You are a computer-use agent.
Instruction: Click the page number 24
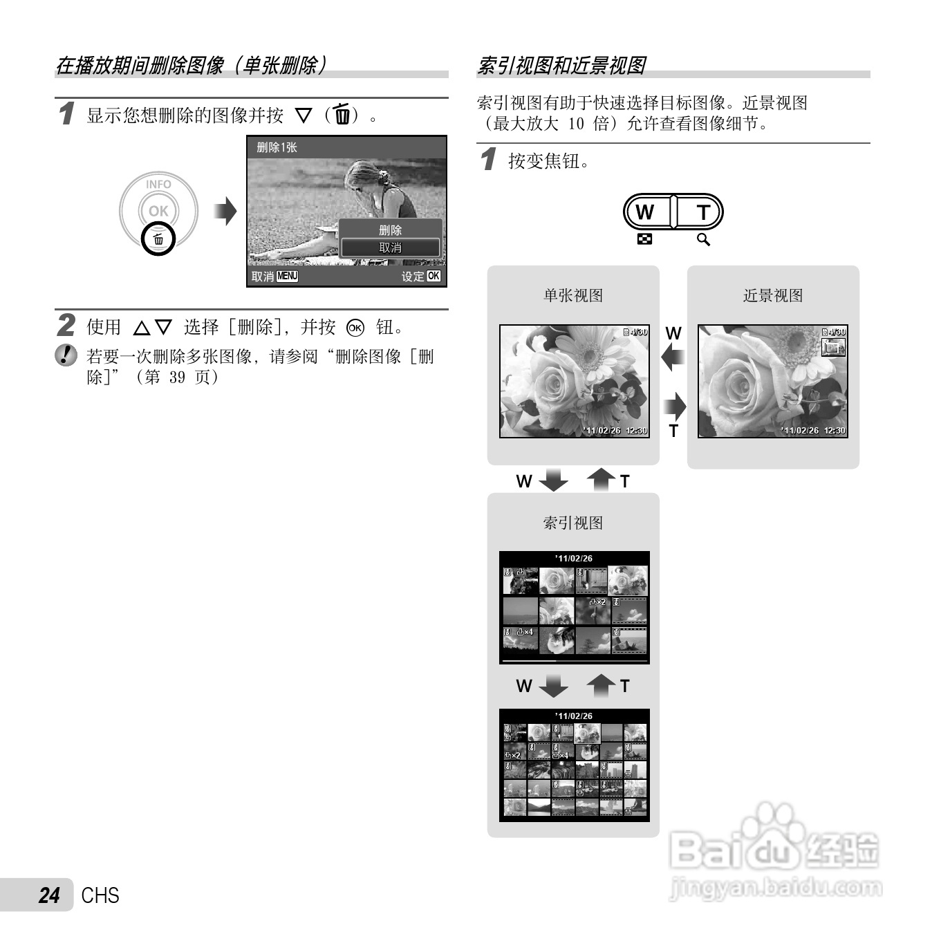[x=49, y=895]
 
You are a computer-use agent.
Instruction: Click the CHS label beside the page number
[x=100, y=895]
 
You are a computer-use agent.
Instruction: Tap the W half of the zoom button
[x=646, y=212]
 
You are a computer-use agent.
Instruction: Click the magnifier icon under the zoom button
[x=703, y=240]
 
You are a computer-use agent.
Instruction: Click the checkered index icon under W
[x=644, y=240]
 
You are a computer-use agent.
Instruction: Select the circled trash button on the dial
[x=158, y=239]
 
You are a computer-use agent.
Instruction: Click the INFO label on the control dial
[x=158, y=185]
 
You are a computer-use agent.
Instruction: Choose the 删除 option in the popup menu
[x=390, y=230]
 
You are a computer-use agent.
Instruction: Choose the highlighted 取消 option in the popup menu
[x=390, y=248]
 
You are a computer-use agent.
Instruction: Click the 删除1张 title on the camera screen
[x=277, y=147]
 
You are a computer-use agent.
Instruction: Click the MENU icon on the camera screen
[x=287, y=277]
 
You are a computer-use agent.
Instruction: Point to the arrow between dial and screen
[x=225, y=212]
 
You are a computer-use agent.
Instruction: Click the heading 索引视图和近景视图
[x=561, y=66]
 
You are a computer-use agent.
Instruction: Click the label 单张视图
[x=573, y=296]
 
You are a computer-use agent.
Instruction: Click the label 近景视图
[x=773, y=296]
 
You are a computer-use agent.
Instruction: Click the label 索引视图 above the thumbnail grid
[x=573, y=523]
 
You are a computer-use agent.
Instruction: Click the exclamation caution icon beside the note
[x=66, y=355]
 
